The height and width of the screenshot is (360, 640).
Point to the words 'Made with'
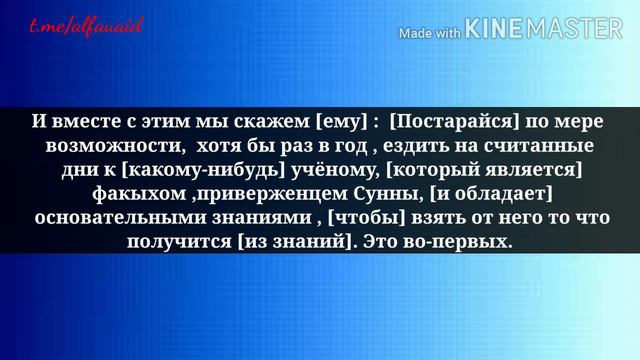tap(430, 32)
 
